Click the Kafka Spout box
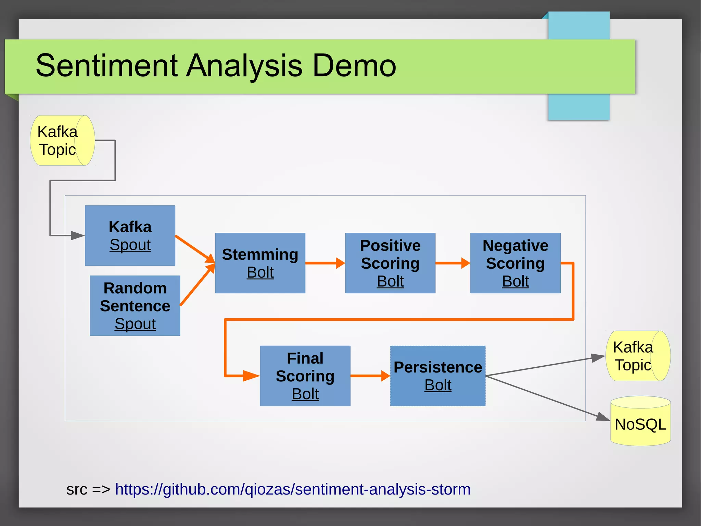pyautogui.click(x=130, y=235)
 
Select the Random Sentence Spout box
pyautogui.click(x=135, y=306)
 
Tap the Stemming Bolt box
pyautogui.click(x=260, y=263)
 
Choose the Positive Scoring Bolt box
pyautogui.click(x=390, y=263)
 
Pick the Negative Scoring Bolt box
pyautogui.click(x=515, y=263)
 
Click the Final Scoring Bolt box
pyautogui.click(x=305, y=376)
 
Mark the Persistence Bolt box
pyautogui.click(x=438, y=376)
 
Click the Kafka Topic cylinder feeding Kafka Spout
pyautogui.click(x=62, y=140)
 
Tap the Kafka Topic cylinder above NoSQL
pyautogui.click(x=638, y=356)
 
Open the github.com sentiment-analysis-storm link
pyautogui.click(x=293, y=489)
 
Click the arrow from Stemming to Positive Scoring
pyautogui.click(x=325, y=263)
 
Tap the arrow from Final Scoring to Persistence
pyautogui.click(x=370, y=376)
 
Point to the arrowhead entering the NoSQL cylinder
pyautogui.click(x=603, y=417)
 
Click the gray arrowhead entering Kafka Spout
pyautogui.click(x=77, y=235)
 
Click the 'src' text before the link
pyautogui.click(x=77, y=489)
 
